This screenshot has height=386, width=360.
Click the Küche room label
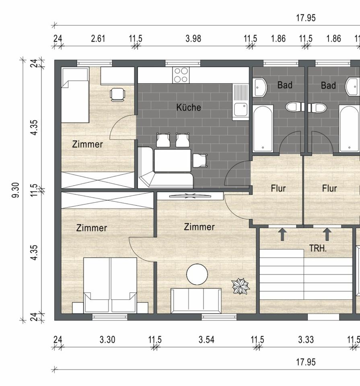point(189,107)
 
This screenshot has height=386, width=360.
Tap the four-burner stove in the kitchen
point(181,75)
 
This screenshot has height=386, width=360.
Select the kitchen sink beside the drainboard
point(241,109)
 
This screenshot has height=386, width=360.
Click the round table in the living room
point(197,274)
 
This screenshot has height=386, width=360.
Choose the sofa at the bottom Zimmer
point(196,301)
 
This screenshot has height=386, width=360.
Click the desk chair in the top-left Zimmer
point(117,94)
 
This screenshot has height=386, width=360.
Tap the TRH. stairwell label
point(318,248)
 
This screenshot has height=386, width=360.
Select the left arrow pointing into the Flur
point(282,234)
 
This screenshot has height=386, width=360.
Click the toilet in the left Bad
point(295,107)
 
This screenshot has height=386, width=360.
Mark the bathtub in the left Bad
point(263,128)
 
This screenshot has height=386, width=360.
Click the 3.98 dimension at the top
point(193,39)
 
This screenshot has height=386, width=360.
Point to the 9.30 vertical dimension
point(16,190)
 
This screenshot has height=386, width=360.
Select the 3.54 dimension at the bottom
point(206,340)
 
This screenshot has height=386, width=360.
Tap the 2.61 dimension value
point(98,39)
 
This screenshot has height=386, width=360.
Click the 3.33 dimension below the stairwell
point(306,340)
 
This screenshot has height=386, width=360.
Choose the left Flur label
point(278,188)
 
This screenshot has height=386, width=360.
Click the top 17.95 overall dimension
point(306,18)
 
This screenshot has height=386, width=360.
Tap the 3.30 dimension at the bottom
point(107,340)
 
